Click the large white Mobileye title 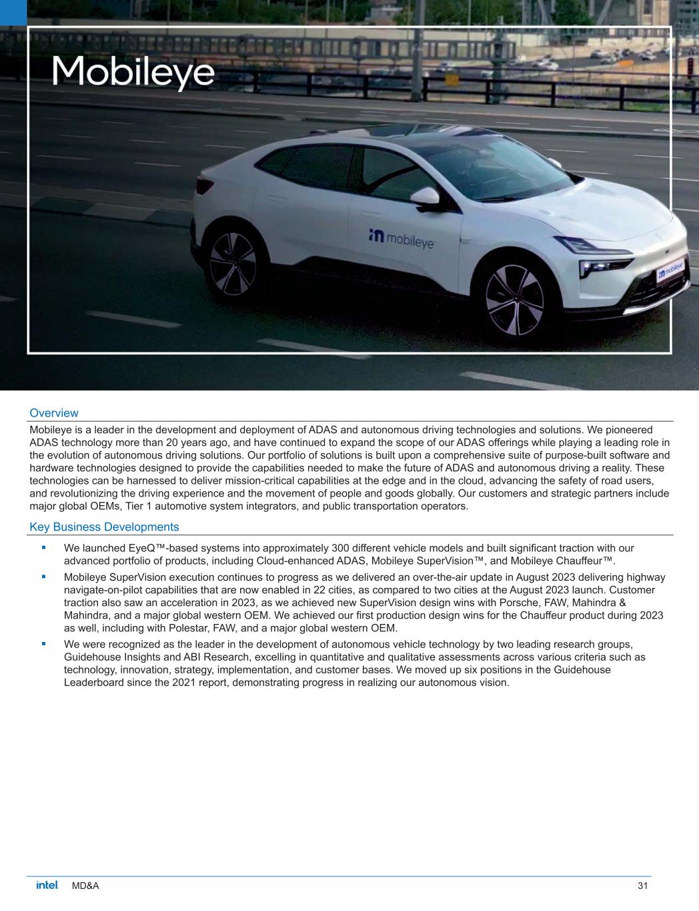[x=133, y=73]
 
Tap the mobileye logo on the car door [x=401, y=238]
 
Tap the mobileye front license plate [x=671, y=270]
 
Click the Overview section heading [x=54, y=413]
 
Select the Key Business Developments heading [x=104, y=527]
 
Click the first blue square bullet [x=43, y=547]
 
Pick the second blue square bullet [x=43, y=576]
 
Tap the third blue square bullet [x=43, y=643]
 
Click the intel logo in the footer [x=47, y=886]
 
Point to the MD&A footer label [x=85, y=886]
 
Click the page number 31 [x=643, y=886]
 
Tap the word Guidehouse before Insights [x=91, y=657]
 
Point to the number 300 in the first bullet [x=341, y=549]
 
